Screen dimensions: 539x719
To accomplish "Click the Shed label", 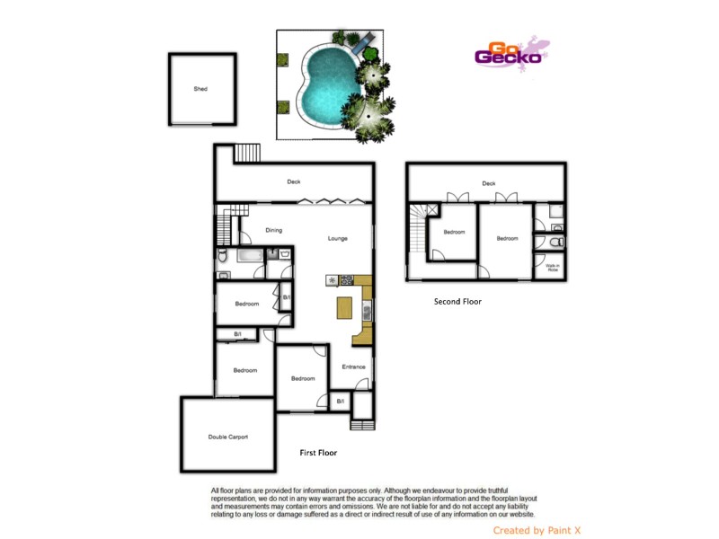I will coord(200,89).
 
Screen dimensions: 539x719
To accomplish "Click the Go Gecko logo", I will coord(509,54).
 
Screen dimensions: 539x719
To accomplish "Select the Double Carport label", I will coord(228,437).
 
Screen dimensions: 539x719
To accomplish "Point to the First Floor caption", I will coord(318,453).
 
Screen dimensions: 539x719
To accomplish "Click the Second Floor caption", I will coord(457,302).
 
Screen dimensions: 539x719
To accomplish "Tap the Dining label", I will coord(274,230).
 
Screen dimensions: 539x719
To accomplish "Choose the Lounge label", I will coord(338,238).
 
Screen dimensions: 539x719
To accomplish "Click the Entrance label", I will coord(353,366).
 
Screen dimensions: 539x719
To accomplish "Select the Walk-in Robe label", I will coord(552,267).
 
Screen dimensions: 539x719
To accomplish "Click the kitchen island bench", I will coord(342,308).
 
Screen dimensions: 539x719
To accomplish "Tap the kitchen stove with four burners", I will coord(346,280).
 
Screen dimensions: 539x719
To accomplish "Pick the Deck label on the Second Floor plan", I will coord(489,183).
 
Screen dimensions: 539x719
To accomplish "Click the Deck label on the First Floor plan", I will coord(294,181).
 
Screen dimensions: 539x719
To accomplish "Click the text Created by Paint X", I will coord(537,530).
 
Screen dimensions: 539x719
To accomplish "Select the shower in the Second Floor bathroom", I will coord(555,214).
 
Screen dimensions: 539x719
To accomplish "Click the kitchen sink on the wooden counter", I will coord(367,311).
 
